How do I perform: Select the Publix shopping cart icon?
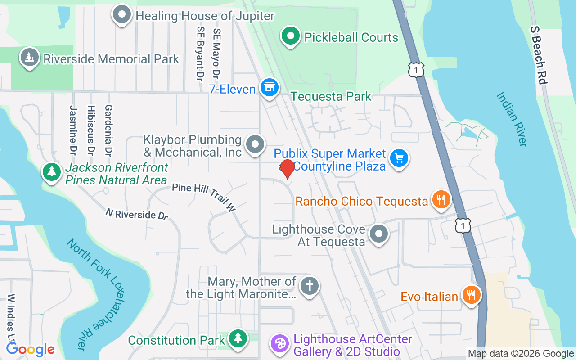[x=399, y=158]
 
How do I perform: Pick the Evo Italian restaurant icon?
[x=471, y=295]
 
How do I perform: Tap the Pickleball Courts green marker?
[x=291, y=36]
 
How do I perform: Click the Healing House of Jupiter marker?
[x=121, y=15]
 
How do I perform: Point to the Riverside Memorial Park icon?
[x=29, y=58]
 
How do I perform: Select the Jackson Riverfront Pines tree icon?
[x=52, y=171]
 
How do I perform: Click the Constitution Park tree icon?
[x=238, y=338]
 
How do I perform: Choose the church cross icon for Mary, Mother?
[x=309, y=285]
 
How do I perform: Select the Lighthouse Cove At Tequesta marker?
[x=379, y=234]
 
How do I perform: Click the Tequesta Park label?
[x=331, y=96]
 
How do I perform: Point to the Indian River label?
[x=512, y=119]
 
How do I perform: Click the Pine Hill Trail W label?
[x=204, y=198]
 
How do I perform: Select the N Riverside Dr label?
[x=137, y=214]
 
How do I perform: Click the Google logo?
[x=30, y=349]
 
